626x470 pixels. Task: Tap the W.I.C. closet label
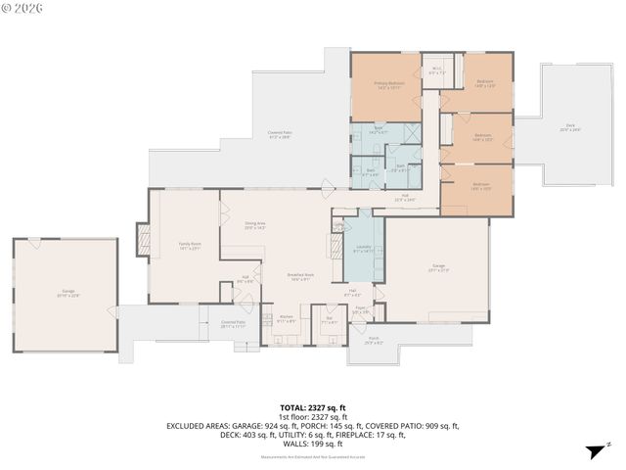pyautogui.click(x=437, y=70)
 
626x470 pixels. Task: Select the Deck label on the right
pyautogui.click(x=572, y=127)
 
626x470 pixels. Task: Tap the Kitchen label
pyautogui.click(x=287, y=318)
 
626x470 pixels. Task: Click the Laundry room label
pyautogui.click(x=362, y=249)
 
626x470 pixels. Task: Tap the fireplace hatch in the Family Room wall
pyautogui.click(x=143, y=241)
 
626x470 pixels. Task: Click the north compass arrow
pyautogui.click(x=593, y=450)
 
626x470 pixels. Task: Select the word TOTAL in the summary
pyautogui.click(x=292, y=407)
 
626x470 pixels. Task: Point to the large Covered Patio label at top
pyautogui.click(x=280, y=135)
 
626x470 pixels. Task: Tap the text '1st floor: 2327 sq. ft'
pyautogui.click(x=313, y=416)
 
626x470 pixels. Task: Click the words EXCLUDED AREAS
pyautogui.click(x=197, y=425)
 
